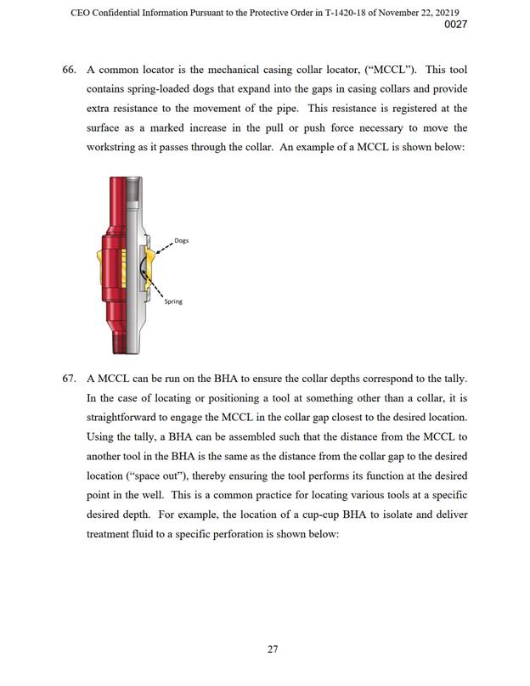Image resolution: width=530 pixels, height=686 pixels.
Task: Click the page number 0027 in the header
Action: click(x=456, y=25)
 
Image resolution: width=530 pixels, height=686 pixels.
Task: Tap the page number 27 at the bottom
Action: click(x=273, y=649)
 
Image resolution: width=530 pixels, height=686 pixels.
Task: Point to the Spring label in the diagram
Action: click(x=173, y=301)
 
